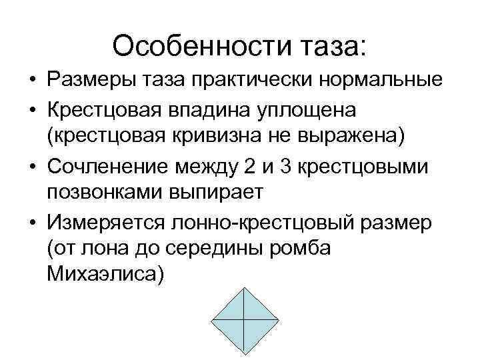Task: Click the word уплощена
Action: pos(325,109)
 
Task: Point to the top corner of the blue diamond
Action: pos(244,288)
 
